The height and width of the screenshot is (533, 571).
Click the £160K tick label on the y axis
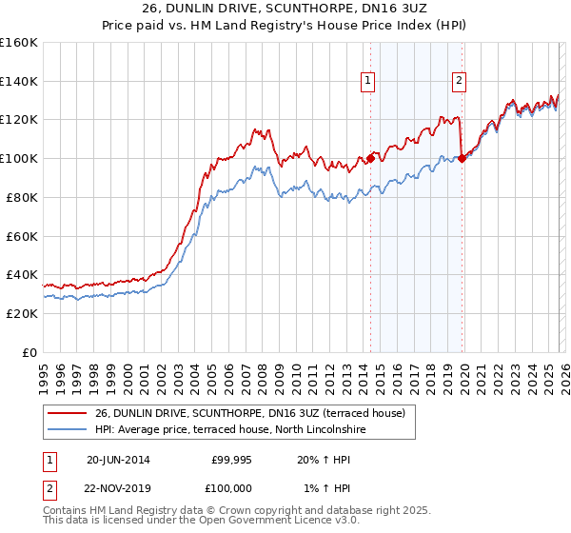point(19,43)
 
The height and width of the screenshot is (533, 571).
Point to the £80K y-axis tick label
point(22,197)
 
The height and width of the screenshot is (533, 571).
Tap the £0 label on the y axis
point(30,352)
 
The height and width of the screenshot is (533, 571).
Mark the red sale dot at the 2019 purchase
point(462,159)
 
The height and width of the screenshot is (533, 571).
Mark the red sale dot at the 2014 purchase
point(370,159)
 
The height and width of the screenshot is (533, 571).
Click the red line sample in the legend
point(67,413)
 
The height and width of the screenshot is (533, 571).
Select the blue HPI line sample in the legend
point(67,429)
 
